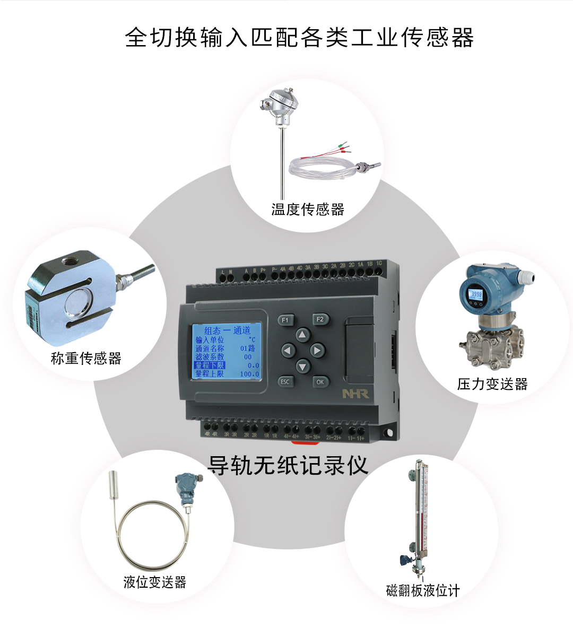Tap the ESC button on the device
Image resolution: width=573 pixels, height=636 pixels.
click(x=285, y=381)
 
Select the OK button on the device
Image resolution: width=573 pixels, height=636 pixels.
click(x=320, y=381)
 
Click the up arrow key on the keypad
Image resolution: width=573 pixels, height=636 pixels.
click(x=302, y=335)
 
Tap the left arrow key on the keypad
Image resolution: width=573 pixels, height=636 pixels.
click(x=288, y=351)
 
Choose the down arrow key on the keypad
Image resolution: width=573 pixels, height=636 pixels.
click(x=302, y=365)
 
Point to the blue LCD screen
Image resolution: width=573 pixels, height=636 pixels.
click(x=225, y=351)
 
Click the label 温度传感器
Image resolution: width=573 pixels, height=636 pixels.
click(x=308, y=210)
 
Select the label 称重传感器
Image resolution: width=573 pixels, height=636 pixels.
click(x=86, y=359)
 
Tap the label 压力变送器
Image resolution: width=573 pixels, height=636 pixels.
click(x=492, y=384)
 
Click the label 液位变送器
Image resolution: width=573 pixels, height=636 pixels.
click(x=154, y=582)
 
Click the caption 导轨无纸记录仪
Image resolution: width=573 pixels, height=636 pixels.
click(x=287, y=465)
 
